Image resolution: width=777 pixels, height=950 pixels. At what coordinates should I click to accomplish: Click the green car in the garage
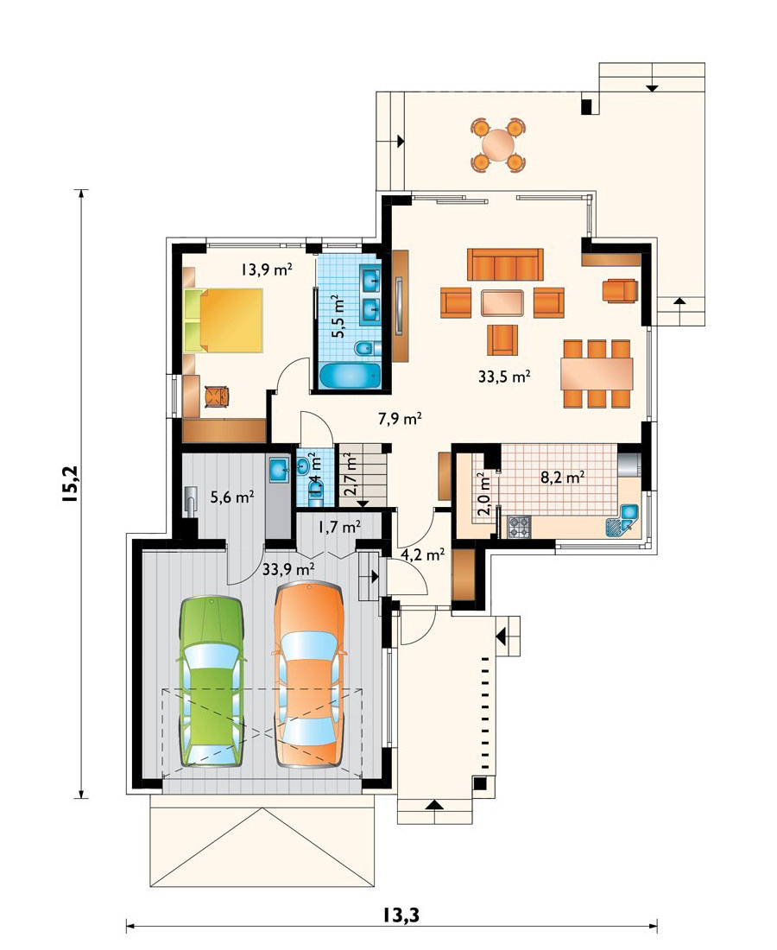[x=211, y=681]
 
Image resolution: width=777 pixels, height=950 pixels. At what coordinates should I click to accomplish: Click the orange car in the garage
[x=309, y=674]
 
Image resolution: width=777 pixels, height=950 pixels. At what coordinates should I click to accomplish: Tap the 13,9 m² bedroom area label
[x=267, y=269]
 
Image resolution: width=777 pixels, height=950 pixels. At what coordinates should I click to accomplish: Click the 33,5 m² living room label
[x=504, y=377]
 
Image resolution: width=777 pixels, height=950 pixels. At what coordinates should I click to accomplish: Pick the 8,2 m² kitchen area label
[x=562, y=477]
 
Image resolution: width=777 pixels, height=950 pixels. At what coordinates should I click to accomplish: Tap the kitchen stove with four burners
[x=518, y=527]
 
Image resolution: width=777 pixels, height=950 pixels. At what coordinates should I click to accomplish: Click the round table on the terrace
[x=498, y=145]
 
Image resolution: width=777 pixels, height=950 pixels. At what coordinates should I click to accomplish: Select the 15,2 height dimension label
[x=70, y=484]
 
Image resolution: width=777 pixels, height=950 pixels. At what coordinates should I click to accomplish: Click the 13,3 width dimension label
[x=401, y=915]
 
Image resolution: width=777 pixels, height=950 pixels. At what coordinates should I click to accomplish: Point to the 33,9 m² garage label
[x=288, y=569]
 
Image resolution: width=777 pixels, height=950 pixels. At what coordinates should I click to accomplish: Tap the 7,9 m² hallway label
[x=400, y=418]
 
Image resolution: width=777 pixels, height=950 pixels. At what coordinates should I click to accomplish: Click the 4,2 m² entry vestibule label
[x=423, y=554]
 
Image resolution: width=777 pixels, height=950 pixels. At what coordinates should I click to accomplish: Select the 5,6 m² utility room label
[x=232, y=497]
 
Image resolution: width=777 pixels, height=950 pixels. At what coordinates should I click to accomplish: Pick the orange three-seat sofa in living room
[x=504, y=264]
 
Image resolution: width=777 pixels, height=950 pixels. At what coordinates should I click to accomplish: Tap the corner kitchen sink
[x=622, y=520]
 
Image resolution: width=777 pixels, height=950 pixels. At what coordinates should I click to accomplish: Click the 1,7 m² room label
[x=340, y=527]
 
